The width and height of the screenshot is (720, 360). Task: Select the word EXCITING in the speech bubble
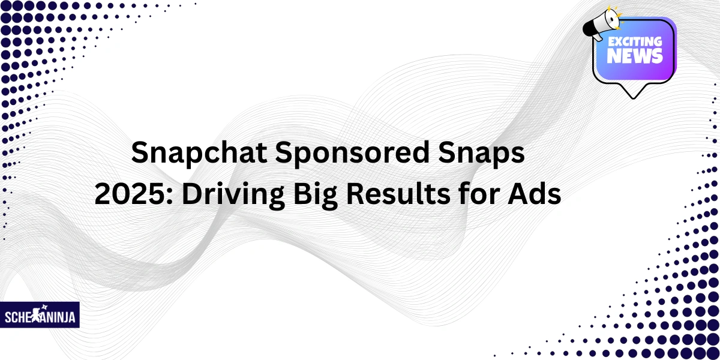click(x=635, y=43)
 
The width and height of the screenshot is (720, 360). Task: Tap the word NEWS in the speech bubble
click(x=635, y=57)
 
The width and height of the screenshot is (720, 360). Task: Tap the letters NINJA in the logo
click(x=61, y=317)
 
